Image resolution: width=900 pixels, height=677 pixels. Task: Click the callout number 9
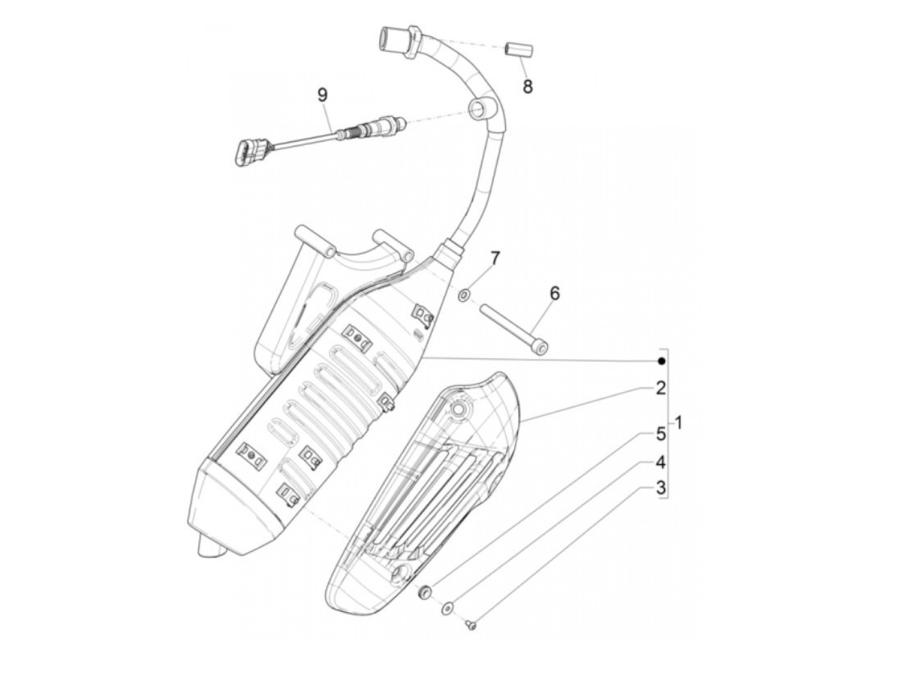322,95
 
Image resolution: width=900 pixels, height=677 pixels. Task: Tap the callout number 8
527,86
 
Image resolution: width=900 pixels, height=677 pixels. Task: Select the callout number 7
494,259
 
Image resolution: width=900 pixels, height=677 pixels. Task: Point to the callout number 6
554,293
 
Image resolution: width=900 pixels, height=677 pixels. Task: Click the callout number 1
680,424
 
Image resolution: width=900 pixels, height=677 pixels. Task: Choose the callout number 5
660,436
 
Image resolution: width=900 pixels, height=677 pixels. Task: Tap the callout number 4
660,462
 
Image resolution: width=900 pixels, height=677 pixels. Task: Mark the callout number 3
660,488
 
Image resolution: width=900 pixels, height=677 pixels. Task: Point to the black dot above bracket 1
660,361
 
